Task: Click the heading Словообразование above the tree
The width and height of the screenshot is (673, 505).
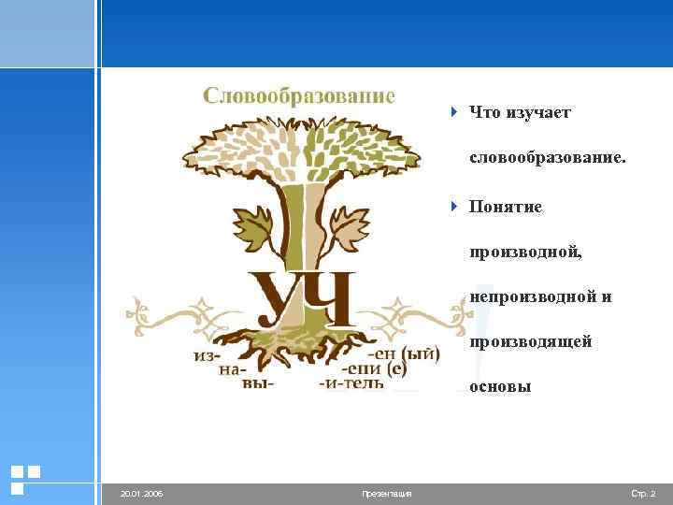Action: tap(299, 96)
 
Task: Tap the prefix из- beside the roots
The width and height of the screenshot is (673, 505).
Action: tap(208, 355)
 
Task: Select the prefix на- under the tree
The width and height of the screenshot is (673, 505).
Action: tap(234, 370)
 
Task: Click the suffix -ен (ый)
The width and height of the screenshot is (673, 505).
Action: tap(404, 354)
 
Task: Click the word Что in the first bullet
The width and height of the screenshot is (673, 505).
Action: tap(485, 113)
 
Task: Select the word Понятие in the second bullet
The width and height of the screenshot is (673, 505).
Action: tap(506, 206)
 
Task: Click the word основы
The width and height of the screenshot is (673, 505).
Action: tap(500, 386)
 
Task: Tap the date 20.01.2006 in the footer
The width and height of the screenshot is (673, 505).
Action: tap(141, 493)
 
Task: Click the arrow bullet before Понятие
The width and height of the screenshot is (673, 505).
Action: tap(455, 205)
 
